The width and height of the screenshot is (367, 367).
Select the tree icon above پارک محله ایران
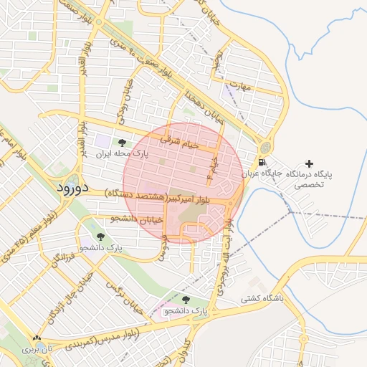[122, 143]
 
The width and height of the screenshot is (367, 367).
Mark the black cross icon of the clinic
[309, 164]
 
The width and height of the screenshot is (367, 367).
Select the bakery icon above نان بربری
[37, 338]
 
